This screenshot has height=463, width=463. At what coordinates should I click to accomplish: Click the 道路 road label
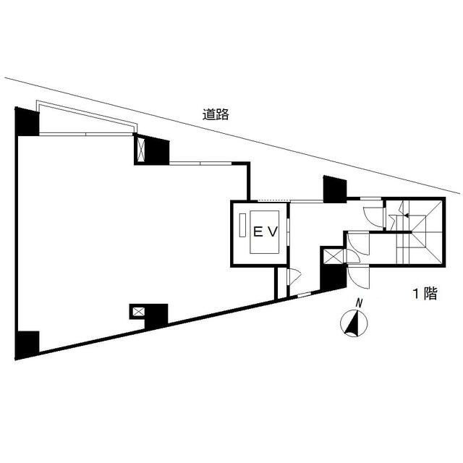(216, 114)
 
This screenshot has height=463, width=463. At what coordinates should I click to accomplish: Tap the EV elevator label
(266, 232)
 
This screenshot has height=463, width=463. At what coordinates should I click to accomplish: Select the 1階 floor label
(425, 294)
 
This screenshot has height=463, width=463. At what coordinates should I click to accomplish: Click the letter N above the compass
(359, 303)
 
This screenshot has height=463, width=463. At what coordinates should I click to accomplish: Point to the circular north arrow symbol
(354, 323)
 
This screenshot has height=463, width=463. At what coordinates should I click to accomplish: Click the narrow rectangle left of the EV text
(242, 225)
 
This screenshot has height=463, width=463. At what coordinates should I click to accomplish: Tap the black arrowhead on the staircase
(407, 216)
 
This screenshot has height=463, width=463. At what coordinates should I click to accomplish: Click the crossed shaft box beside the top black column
(142, 150)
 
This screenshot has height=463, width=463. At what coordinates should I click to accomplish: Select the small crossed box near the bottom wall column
(138, 312)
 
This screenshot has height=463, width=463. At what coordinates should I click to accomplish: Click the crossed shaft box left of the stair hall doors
(334, 256)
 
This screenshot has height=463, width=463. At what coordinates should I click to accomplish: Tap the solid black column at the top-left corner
(27, 122)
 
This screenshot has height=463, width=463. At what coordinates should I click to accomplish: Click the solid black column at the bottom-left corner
(27, 345)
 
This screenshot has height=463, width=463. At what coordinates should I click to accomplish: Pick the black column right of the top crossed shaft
(158, 150)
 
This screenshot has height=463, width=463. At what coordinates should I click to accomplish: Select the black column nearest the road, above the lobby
(335, 189)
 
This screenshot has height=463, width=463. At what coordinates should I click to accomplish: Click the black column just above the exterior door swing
(334, 276)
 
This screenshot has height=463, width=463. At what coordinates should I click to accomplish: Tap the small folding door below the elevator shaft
(294, 276)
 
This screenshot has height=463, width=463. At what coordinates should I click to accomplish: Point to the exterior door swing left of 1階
(358, 278)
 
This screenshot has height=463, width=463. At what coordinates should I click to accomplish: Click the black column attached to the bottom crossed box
(156, 316)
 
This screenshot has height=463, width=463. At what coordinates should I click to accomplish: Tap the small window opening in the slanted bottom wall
(304, 294)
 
